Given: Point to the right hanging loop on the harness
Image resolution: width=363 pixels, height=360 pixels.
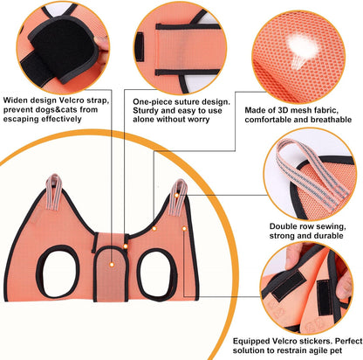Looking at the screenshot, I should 182,193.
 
